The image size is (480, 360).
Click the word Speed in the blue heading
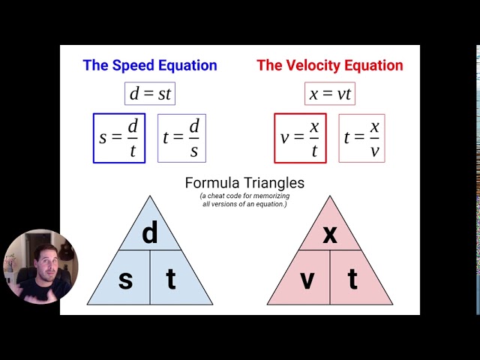tap(133, 66)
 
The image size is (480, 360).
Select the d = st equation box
tap(150, 93)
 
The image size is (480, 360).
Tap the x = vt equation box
tap(330, 93)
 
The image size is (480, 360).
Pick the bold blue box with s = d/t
tap(119, 138)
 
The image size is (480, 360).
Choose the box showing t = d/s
tap(181, 138)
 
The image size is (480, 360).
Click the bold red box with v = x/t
tap(300, 138)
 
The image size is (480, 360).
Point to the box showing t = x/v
tap(361, 138)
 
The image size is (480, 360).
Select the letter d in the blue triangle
tap(150, 232)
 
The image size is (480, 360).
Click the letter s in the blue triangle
tap(125, 280)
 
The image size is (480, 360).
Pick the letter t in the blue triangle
tap(171, 278)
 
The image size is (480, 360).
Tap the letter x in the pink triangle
tap(330, 235)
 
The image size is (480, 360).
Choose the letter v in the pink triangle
tap(307, 280)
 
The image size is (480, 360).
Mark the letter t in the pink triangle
tap(352, 278)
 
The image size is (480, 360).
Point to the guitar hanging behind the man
tap(65, 250)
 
